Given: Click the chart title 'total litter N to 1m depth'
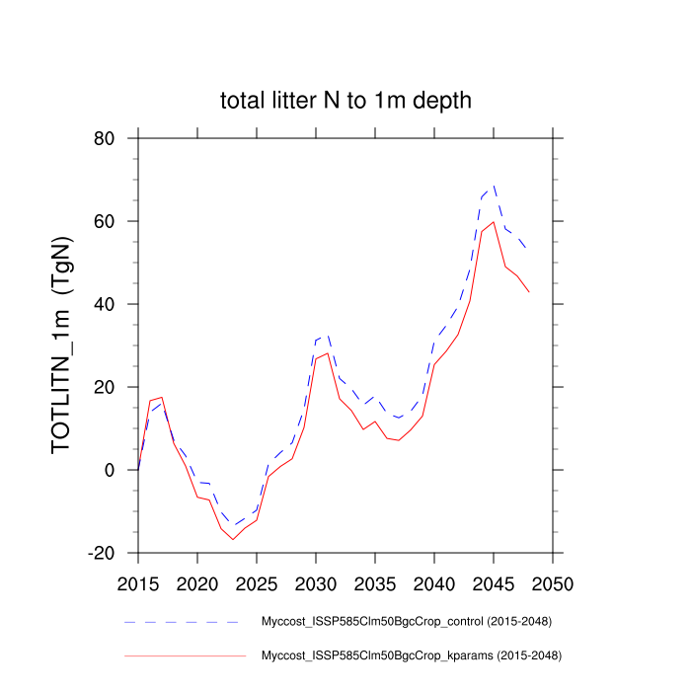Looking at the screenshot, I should (x=345, y=100).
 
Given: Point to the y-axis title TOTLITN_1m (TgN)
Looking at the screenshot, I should (x=63, y=345).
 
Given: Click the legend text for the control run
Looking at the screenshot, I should (x=405, y=622).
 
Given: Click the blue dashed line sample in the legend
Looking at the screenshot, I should (x=183, y=623).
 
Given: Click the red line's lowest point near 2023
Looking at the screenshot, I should (x=233, y=539).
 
